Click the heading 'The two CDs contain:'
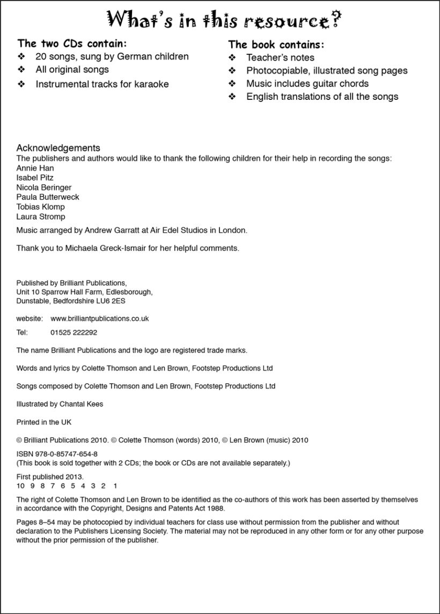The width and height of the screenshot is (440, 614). coord(72,43)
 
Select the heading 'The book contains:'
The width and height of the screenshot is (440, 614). coord(276,45)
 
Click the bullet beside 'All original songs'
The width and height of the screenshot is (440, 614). coord(21,69)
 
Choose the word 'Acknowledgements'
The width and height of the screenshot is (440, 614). coord(58,148)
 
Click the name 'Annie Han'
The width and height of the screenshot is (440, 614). coord(35,168)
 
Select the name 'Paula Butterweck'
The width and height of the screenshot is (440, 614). coord(48,197)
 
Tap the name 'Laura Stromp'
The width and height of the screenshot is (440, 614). coord(41,216)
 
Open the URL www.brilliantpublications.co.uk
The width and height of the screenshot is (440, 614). coord(99,318)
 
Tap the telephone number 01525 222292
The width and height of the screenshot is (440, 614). coord(74,332)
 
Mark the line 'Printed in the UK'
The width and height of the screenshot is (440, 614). coord(43,422)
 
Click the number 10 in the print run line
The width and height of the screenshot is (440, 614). coord(21,485)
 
